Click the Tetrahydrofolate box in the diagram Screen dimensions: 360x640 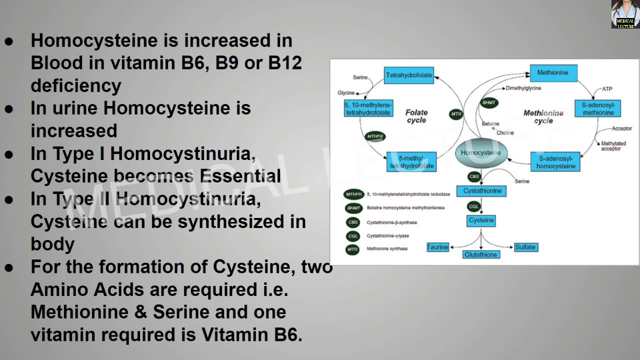[x=409, y=75]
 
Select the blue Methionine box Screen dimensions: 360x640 [x=552, y=73]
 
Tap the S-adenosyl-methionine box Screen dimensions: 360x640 [x=598, y=108]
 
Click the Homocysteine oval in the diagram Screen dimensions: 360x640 [x=481, y=152]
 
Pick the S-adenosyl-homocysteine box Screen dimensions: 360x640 [x=555, y=162]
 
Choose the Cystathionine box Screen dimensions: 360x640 [x=481, y=191]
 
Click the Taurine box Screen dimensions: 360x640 [x=437, y=247]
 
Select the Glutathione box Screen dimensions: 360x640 [x=480, y=254]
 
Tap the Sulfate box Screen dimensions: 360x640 [x=525, y=247]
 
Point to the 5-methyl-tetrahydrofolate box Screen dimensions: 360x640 [x=411, y=162]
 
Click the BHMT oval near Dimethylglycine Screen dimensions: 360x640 [x=488, y=102]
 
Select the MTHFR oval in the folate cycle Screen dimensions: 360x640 [x=375, y=136]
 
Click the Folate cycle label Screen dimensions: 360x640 [x=416, y=116]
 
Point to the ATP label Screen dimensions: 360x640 [x=606, y=89]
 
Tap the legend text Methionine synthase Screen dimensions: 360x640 [x=387, y=248]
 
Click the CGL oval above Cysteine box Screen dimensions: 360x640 [x=473, y=206]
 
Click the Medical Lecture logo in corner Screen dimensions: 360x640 [x=624, y=14]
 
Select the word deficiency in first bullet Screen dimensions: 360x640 [x=76, y=85]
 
